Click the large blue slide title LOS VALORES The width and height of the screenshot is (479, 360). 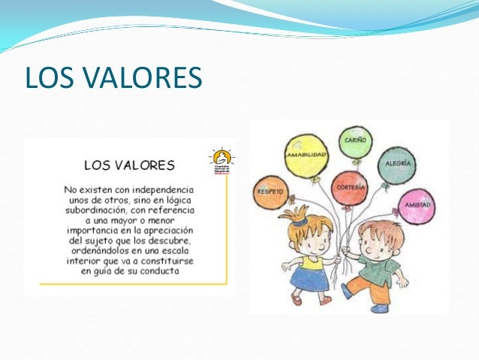tap(113, 77)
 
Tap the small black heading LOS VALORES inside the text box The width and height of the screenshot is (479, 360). tap(129, 164)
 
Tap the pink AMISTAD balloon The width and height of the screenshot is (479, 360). tap(415, 204)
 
